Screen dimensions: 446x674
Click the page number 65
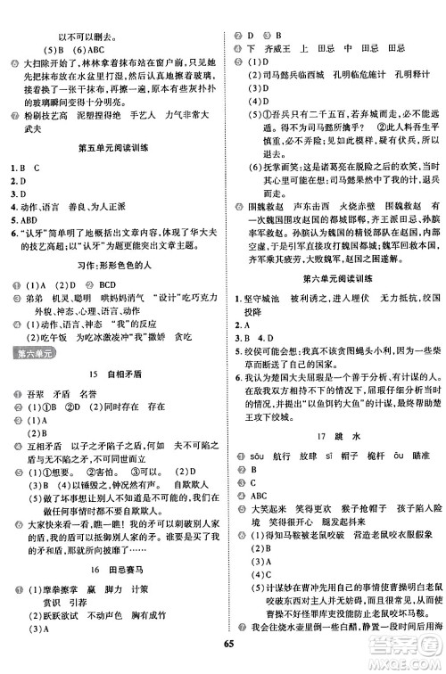coord(223,661)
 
